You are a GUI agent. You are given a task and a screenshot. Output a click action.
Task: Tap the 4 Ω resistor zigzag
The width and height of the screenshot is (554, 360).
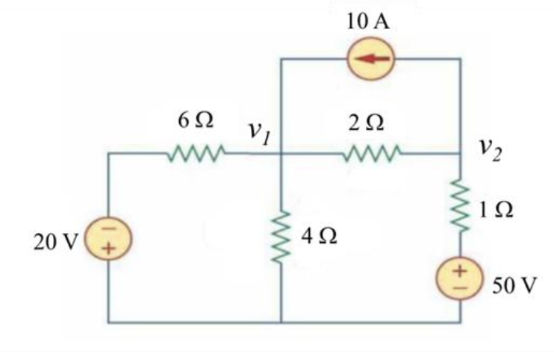coord(281,238)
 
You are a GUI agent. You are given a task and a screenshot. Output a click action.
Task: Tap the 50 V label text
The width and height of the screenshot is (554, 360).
coord(514,286)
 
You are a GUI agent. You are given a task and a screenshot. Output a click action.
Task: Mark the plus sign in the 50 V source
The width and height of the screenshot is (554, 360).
coord(460,270)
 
